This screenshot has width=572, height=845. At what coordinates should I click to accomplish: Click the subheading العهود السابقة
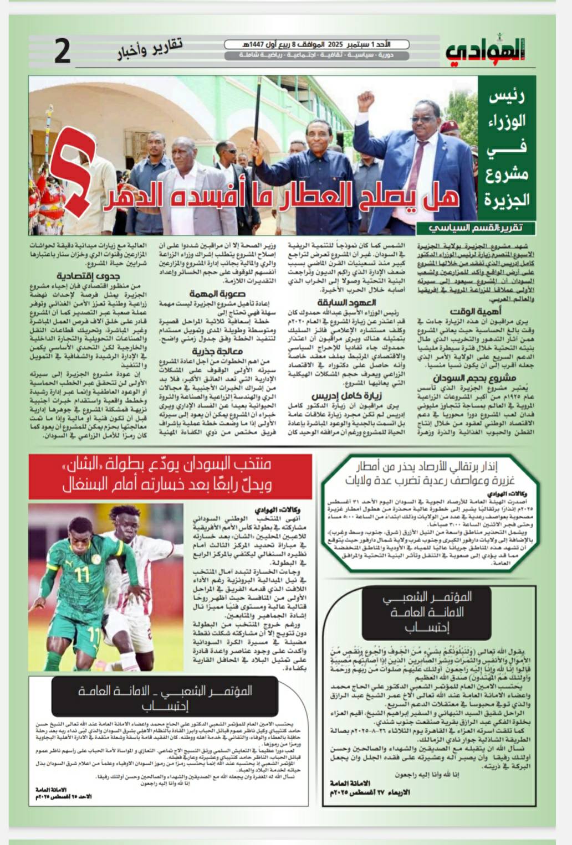(347, 302)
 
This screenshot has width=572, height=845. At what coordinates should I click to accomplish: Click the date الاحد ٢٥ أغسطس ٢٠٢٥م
(60, 796)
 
